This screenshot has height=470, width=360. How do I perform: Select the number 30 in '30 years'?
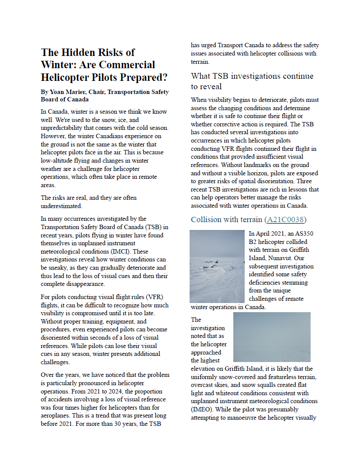point(96,424)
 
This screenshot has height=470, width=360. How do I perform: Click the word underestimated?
point(61,206)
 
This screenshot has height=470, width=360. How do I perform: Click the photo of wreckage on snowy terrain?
point(217,266)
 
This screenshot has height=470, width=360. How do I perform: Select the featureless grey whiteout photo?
point(272,337)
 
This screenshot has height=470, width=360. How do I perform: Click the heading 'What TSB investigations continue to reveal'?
point(252,81)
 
